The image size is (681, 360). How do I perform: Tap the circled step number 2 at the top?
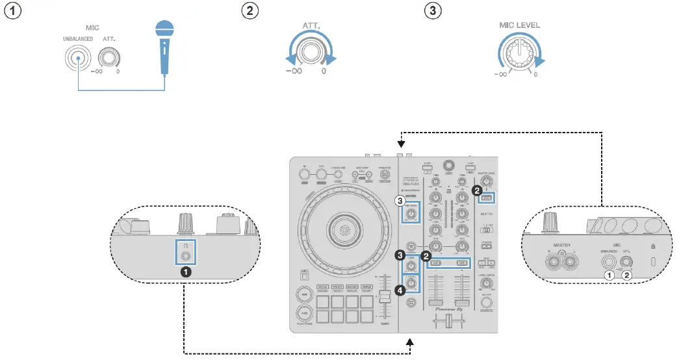(x=248, y=11)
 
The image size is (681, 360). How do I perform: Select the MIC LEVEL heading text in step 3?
(x=519, y=25)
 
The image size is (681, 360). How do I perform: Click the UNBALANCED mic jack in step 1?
(x=77, y=60)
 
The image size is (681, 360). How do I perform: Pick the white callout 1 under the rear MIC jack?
(x=609, y=275)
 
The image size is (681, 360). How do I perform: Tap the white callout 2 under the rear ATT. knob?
(x=627, y=275)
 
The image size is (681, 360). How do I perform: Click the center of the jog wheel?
(x=344, y=231)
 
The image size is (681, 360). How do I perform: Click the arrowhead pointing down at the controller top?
(x=402, y=144)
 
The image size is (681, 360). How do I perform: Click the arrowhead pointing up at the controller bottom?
(x=411, y=342)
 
